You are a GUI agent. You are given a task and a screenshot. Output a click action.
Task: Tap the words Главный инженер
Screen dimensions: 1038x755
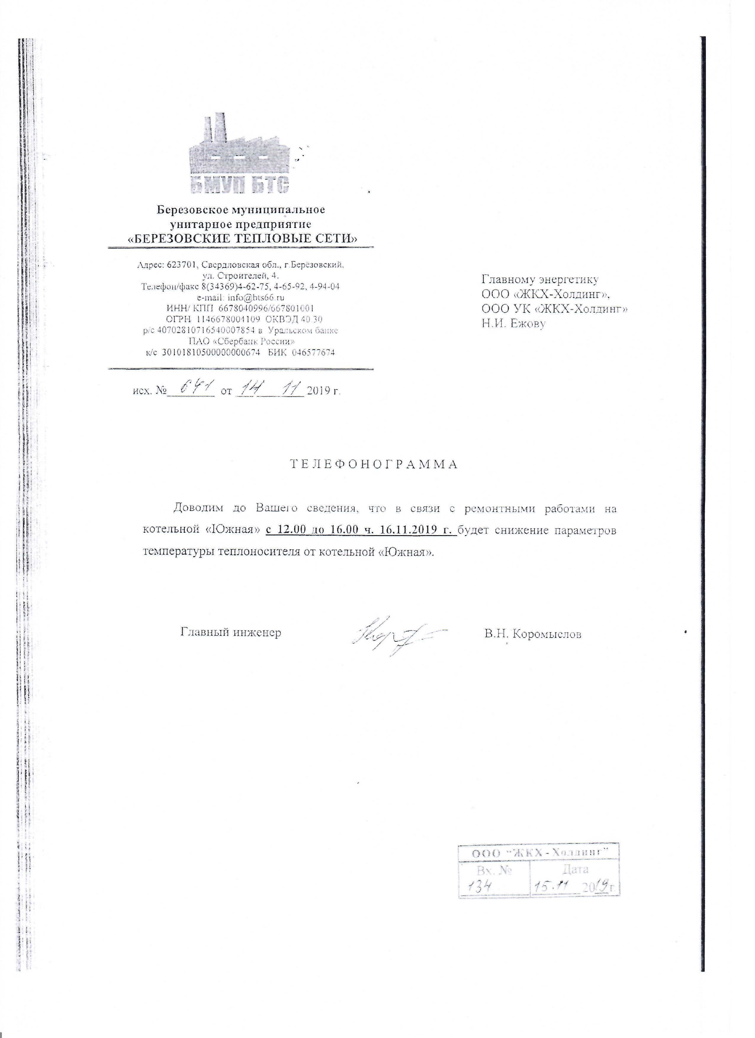click(231, 633)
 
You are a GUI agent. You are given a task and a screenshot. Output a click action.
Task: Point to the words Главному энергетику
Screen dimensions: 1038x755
click(540, 279)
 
